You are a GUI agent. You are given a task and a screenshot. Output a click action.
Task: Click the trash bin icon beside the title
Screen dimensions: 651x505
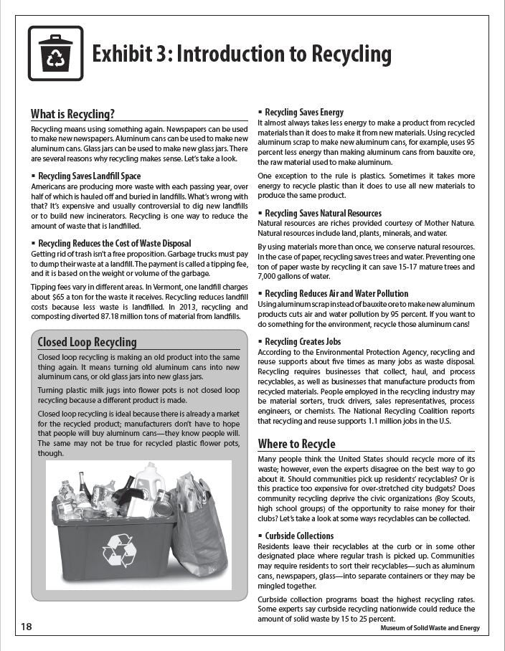tap(55, 53)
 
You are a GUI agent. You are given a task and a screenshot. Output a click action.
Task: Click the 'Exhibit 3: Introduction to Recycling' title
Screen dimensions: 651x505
tap(242, 54)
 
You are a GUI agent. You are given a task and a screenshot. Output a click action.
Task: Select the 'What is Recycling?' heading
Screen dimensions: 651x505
tap(72, 113)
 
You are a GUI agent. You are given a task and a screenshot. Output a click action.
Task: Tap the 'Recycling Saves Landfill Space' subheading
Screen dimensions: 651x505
tap(89, 176)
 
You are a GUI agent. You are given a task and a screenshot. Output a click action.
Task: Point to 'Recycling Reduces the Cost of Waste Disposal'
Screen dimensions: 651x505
tap(114, 243)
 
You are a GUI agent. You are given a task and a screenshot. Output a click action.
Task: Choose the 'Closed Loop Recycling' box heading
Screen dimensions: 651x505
tap(87, 342)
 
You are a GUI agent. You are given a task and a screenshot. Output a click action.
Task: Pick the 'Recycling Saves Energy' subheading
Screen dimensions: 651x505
tap(304, 113)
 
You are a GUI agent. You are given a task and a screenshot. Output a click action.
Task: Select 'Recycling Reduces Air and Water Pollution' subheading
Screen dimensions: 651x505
tap(336, 293)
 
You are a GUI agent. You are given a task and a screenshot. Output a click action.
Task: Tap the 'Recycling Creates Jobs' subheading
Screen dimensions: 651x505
tap(303, 341)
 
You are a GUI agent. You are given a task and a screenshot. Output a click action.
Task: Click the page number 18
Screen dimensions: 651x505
tap(27, 627)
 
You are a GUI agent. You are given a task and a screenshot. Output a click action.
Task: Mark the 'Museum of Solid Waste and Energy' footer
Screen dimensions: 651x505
tap(430, 628)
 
